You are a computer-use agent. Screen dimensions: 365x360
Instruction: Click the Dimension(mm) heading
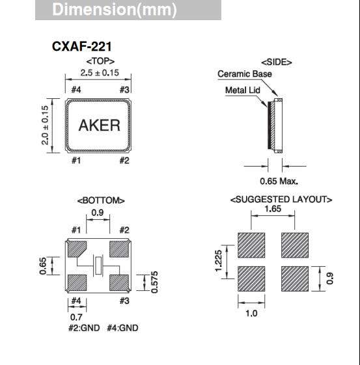click(x=114, y=11)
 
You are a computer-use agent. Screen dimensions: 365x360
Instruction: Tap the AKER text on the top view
click(x=100, y=125)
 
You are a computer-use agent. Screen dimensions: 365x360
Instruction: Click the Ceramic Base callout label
click(x=245, y=74)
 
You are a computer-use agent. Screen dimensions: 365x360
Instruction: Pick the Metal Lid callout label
click(x=243, y=90)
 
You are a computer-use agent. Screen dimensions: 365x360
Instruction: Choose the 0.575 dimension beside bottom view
click(x=154, y=282)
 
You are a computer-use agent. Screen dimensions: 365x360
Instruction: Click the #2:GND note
click(x=85, y=328)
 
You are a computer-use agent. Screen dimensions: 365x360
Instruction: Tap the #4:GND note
click(x=122, y=328)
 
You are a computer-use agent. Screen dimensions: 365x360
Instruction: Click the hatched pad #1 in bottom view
click(x=77, y=249)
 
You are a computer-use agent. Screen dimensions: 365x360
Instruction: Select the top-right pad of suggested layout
click(x=294, y=246)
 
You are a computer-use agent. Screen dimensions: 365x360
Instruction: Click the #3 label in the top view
click(x=125, y=90)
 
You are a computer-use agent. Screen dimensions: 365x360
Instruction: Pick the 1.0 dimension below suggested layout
click(x=251, y=313)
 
